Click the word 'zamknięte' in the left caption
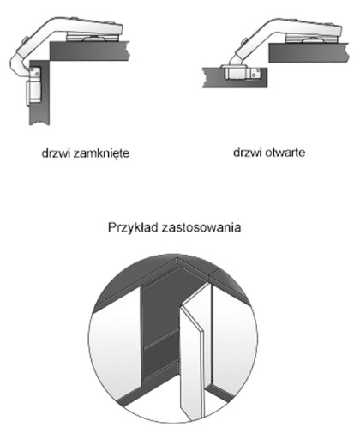pos(101,153)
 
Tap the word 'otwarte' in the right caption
pos(285,153)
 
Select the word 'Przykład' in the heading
pos(133,227)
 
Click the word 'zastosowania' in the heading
pos(201,228)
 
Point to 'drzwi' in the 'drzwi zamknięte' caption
pos(56,153)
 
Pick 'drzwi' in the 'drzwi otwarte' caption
pos(248,153)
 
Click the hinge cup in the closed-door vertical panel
pos(34,92)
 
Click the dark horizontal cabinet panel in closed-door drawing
pos(90,51)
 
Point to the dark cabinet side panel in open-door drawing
pos(309,52)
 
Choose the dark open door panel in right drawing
pos(235,77)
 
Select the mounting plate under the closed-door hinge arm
pos(92,38)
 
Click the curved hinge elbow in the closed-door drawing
pos(18,65)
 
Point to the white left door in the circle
pos(116,343)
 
